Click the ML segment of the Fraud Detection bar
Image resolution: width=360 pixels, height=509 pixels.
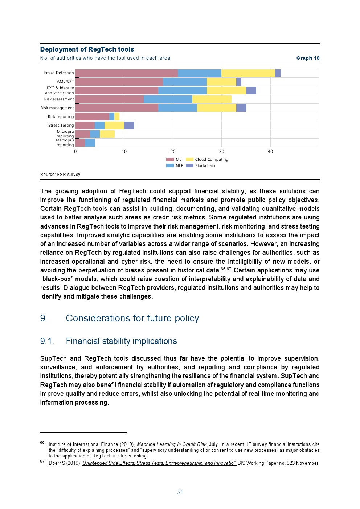click(x=126, y=73)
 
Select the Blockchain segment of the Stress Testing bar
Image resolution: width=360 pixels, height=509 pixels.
click(x=129, y=125)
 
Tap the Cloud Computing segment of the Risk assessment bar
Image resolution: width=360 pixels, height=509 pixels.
click(x=212, y=99)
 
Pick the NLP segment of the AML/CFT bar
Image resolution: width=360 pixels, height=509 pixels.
click(x=185, y=82)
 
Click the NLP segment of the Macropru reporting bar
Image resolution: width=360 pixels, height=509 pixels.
click(x=90, y=143)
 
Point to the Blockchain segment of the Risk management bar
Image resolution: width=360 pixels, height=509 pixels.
click(x=241, y=108)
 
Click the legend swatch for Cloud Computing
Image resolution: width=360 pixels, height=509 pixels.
click(x=189, y=160)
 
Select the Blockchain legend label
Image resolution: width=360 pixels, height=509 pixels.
click(x=205, y=166)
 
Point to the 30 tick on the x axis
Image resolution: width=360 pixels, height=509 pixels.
click(x=221, y=152)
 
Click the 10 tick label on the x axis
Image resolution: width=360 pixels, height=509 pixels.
click(x=124, y=152)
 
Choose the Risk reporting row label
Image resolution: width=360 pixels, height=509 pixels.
click(x=61, y=116)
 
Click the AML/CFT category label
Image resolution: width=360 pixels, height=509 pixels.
click(x=65, y=82)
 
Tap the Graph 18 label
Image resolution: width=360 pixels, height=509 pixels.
click(x=308, y=58)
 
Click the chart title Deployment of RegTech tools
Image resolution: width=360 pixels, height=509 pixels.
click(x=87, y=49)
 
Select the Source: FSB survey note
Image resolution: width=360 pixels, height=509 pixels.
click(x=60, y=175)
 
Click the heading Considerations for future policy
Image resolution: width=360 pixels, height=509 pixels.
click(x=132, y=318)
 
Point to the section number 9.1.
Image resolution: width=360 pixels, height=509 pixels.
click(x=47, y=341)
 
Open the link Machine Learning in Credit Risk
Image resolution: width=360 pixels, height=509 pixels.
click(x=172, y=444)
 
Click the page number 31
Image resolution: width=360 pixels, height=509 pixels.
click(x=180, y=492)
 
